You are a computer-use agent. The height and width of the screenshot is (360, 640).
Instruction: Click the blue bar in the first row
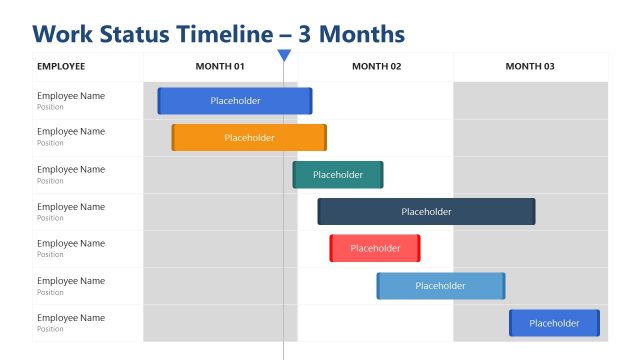[235, 101]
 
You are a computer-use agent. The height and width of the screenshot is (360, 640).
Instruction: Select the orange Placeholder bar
[249, 138]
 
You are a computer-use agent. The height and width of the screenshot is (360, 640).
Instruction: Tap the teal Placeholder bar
[338, 175]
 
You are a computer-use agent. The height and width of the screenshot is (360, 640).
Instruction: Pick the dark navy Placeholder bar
[426, 212]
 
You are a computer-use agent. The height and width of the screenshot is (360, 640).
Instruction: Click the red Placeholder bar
[375, 248]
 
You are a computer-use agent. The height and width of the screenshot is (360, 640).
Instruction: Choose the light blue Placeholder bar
[441, 286]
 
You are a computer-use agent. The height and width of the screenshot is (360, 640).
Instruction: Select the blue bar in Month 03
[554, 323]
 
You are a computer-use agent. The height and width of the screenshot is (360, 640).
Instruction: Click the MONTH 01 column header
[220, 67]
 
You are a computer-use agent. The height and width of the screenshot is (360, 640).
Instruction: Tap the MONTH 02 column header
[376, 67]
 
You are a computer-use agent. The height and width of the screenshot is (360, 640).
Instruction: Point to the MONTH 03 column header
[530, 67]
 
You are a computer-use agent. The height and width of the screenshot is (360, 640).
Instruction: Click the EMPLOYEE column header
[61, 67]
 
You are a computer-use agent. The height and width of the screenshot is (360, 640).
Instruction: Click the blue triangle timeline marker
[284, 56]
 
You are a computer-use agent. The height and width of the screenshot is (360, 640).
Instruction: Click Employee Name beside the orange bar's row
[71, 132]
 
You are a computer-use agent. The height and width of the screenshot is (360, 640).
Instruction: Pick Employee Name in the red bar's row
[71, 243]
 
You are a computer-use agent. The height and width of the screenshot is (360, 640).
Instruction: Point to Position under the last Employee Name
[50, 329]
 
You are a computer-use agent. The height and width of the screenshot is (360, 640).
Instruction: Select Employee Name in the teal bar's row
[71, 169]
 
